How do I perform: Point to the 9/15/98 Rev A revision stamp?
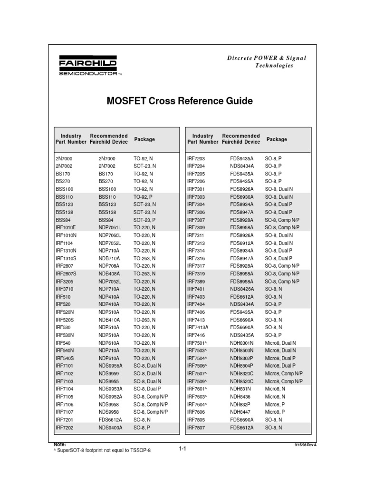click(x=306, y=444)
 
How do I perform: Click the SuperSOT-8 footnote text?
click(x=103, y=450)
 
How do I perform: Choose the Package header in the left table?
click(x=144, y=139)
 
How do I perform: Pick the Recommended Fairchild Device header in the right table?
click(x=241, y=139)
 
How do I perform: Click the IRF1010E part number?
click(x=66, y=227)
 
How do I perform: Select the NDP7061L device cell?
click(x=110, y=227)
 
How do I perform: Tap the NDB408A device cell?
click(x=109, y=273)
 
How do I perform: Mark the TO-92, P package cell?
click(x=143, y=196)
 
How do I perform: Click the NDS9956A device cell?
click(x=110, y=366)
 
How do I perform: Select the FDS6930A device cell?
click(x=242, y=196)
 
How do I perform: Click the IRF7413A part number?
click(x=198, y=327)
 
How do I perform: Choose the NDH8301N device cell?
click(x=242, y=342)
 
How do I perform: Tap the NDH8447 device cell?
click(x=240, y=412)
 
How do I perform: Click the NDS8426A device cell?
click(x=242, y=289)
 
